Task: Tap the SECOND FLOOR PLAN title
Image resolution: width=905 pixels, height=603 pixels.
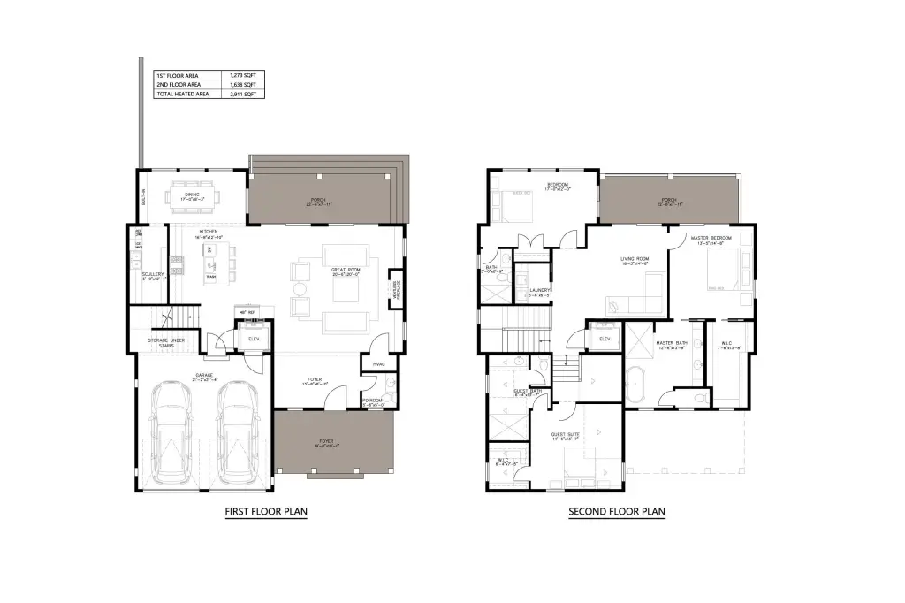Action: pos(616,511)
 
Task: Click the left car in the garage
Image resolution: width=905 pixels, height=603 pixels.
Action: pos(171,432)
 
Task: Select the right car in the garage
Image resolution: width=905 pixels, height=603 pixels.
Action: pos(236,432)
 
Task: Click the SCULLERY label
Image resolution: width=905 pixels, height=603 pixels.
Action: pos(152,274)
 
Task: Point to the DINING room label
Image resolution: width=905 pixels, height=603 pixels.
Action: pos(192,195)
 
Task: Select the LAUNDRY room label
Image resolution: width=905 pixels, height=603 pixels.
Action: pos(540,289)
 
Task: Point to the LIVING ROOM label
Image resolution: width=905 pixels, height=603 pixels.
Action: pos(634,259)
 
